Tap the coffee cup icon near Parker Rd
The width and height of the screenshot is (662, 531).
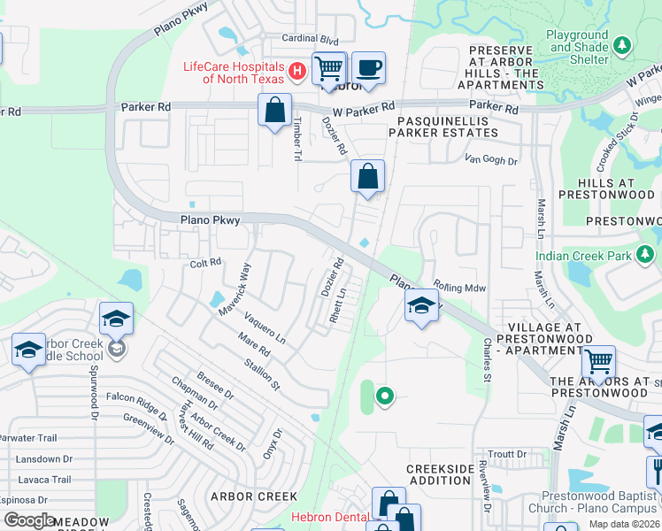368,67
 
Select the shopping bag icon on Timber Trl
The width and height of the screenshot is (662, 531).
275,111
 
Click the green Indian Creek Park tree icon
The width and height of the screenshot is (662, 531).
647,256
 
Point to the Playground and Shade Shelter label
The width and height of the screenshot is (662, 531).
577,48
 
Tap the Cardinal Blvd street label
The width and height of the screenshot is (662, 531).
311,40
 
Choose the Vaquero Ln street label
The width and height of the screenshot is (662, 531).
266,330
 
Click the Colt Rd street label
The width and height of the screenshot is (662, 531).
205,263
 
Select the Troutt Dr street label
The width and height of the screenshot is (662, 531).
507,454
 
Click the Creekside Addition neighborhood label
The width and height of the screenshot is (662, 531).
440,474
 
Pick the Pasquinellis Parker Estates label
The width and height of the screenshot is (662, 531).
448,126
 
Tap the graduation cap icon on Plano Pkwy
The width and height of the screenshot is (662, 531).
421,308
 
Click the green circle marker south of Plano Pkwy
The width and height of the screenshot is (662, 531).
384,396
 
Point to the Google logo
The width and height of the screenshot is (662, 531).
29,520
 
